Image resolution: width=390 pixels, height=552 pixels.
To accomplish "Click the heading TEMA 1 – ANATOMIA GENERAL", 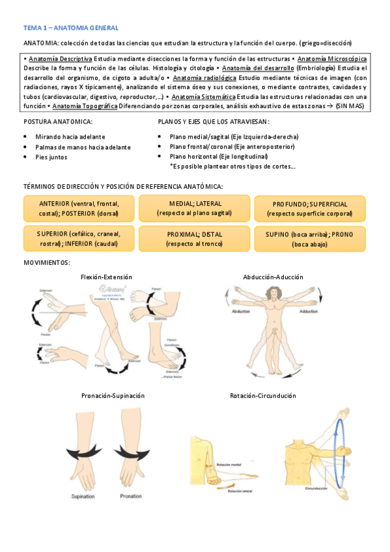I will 70,28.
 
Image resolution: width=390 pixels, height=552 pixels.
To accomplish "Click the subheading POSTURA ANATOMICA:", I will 57,122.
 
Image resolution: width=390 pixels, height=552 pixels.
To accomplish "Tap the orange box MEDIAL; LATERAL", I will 195,208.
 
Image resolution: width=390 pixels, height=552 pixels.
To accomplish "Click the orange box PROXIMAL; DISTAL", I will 195,239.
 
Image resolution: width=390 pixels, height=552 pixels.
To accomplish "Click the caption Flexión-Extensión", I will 106,277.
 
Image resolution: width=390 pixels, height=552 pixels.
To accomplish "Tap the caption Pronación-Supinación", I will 113,395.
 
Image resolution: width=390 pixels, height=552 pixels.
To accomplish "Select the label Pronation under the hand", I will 131,496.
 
